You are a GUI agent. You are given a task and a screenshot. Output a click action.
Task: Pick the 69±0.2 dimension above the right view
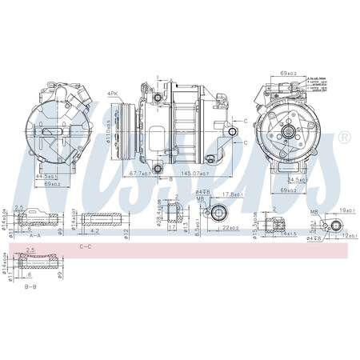[x=290, y=74]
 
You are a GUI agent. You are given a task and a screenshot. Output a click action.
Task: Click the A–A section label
[x=35, y=237]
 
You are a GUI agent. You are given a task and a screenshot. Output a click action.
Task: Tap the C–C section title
[x=86, y=247]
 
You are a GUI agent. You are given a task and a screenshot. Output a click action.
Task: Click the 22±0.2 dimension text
[x=230, y=228]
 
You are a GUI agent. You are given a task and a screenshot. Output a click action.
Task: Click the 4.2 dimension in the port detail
[x=95, y=231]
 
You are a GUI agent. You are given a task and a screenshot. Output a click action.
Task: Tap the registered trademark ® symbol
[x=344, y=138]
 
